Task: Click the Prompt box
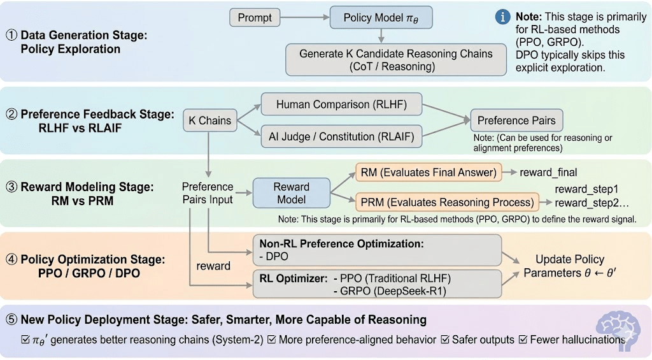click(x=255, y=18)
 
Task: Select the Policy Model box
click(x=381, y=18)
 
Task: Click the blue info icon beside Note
click(x=502, y=17)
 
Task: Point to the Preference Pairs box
click(x=516, y=120)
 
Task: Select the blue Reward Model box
click(x=291, y=194)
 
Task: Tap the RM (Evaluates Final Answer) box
click(x=429, y=172)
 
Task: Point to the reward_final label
click(x=549, y=172)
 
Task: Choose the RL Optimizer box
click(x=377, y=284)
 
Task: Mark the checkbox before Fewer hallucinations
click(x=524, y=340)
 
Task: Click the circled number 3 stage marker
click(x=11, y=187)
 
